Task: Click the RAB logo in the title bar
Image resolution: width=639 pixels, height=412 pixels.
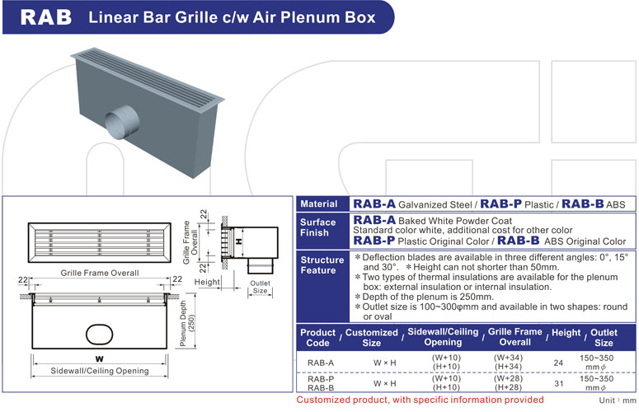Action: [45, 16]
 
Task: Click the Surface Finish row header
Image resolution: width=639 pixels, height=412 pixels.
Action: [318, 227]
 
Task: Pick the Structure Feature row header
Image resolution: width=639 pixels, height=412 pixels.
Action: [318, 265]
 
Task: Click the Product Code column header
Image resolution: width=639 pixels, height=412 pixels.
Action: [317, 337]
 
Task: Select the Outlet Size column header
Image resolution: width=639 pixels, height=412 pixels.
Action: [604, 337]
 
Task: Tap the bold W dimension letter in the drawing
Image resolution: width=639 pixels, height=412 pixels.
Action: [99, 358]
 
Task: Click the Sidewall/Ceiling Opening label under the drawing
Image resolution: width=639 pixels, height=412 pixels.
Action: [99, 371]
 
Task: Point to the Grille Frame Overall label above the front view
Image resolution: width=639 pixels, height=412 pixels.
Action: [99, 272]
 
